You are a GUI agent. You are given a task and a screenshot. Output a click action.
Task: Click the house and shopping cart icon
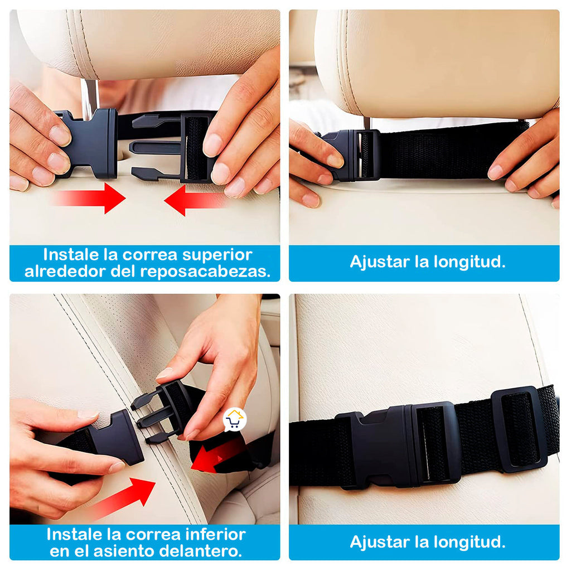235,420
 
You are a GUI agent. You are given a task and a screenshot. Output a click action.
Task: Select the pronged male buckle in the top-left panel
173,147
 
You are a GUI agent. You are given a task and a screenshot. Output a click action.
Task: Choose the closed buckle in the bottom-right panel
401,443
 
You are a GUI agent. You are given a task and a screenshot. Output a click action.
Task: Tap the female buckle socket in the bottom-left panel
117,439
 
